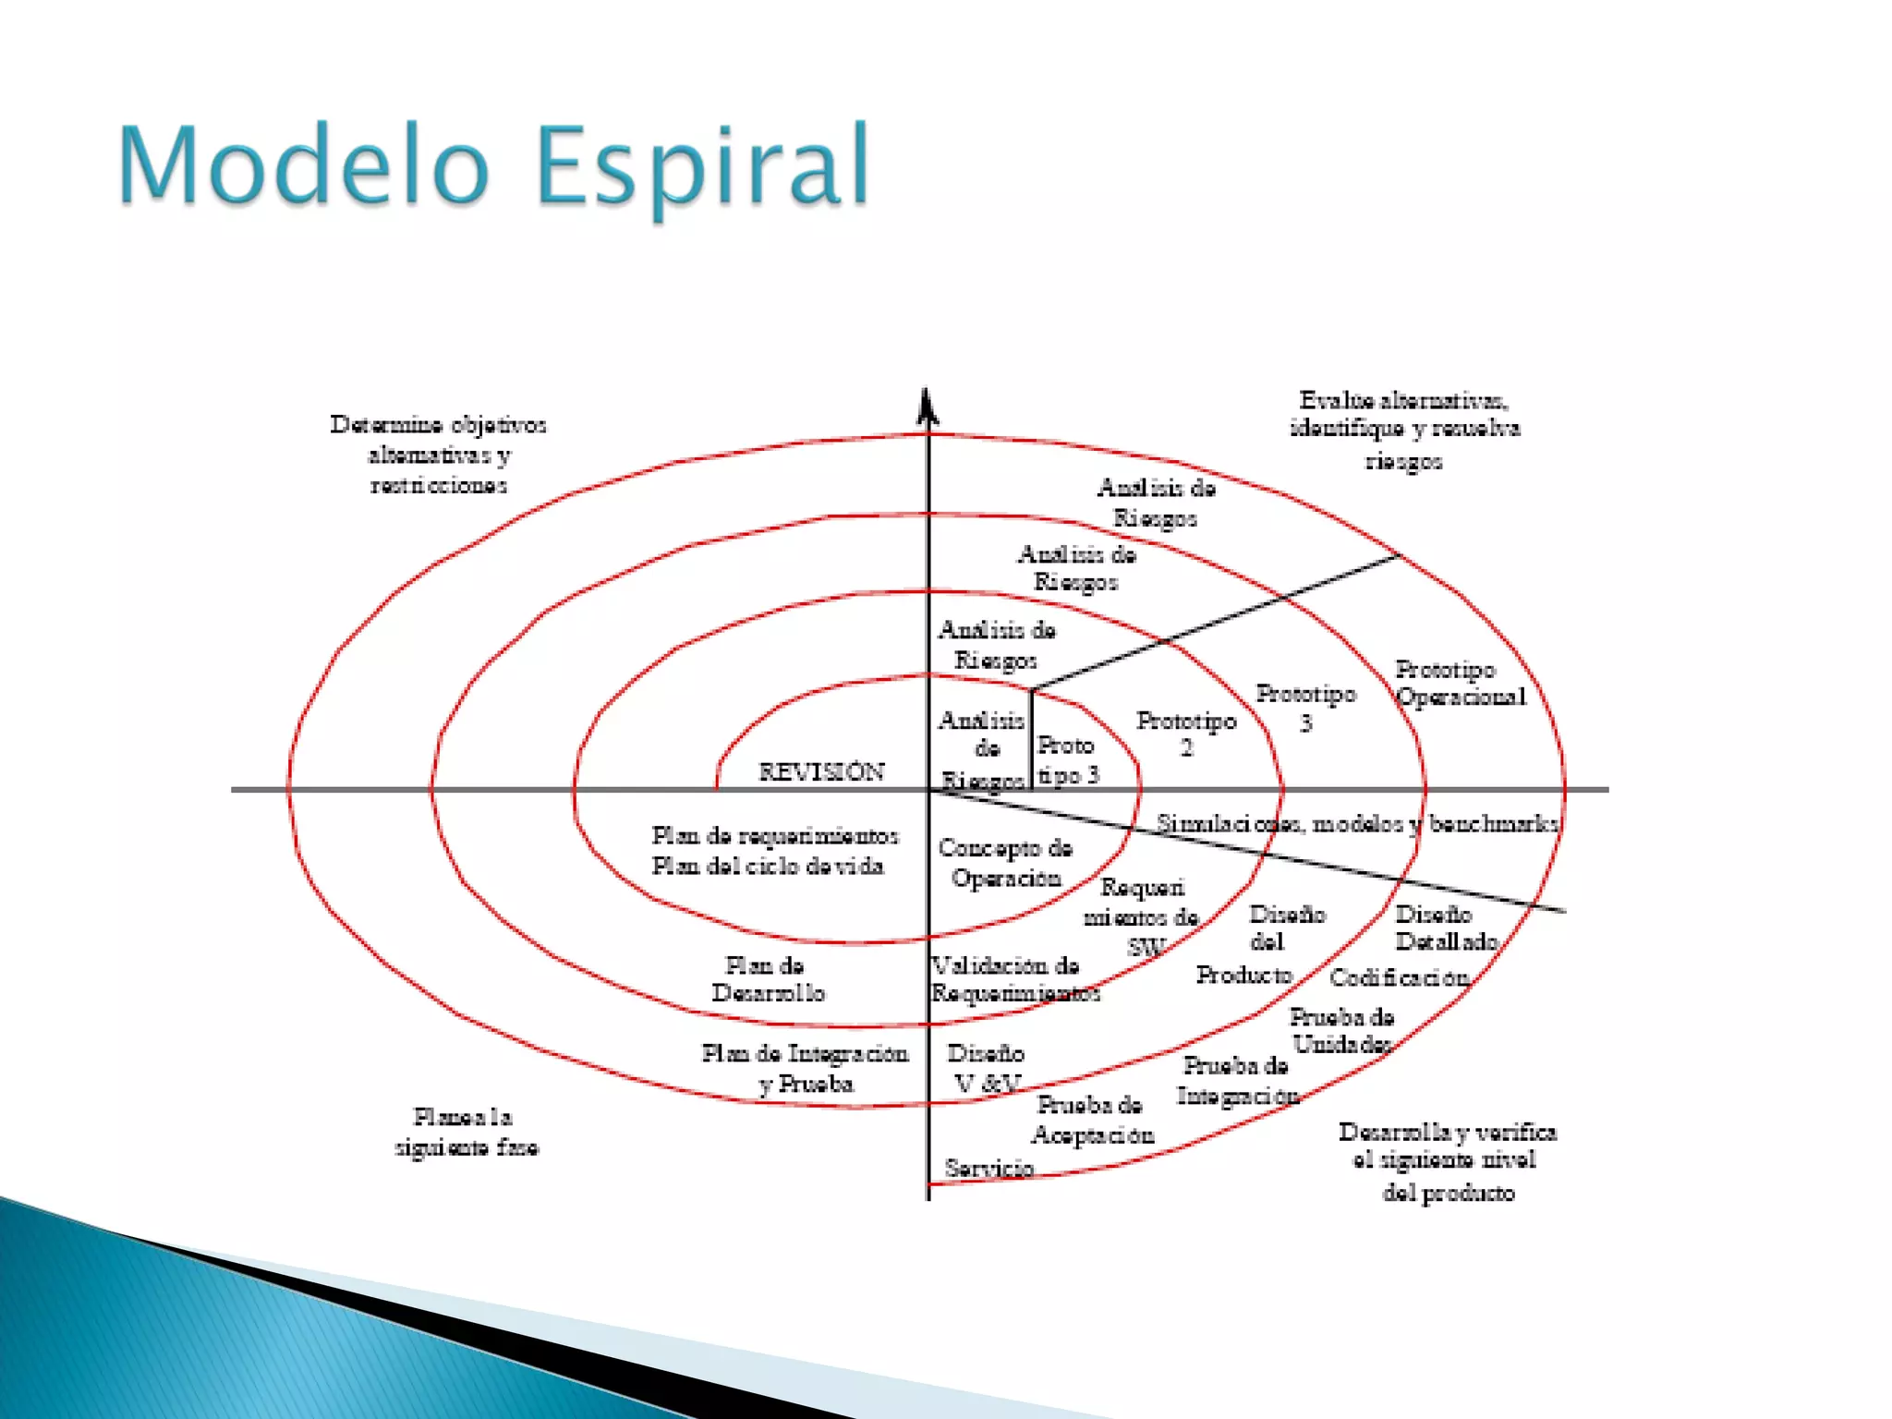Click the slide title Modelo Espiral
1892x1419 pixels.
[x=493, y=167]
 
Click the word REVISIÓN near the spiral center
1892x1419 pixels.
[x=821, y=771]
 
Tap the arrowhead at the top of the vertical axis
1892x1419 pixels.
[x=928, y=406]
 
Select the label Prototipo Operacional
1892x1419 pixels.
[x=1460, y=683]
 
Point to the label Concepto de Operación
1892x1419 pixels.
[x=1005, y=862]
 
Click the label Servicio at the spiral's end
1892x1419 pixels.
[x=988, y=1168]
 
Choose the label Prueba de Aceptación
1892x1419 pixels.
[x=1092, y=1120]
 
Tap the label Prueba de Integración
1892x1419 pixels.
[x=1237, y=1081]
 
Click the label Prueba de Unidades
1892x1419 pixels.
[x=1341, y=1030]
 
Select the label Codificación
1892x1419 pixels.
[x=1399, y=977]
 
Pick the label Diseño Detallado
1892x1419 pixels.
[x=1446, y=928]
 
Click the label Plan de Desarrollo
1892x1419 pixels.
[x=767, y=979]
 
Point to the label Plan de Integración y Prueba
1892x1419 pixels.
[x=805, y=1068]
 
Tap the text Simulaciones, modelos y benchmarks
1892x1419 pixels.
[x=1357, y=823]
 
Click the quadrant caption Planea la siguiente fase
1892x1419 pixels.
[x=467, y=1132]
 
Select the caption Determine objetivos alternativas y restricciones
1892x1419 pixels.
[x=439, y=454]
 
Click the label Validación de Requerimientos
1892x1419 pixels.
[x=1014, y=979]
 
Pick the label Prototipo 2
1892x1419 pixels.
[x=1186, y=734]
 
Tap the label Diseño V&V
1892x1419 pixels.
[x=986, y=1068]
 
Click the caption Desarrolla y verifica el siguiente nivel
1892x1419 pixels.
[x=1447, y=1161]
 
